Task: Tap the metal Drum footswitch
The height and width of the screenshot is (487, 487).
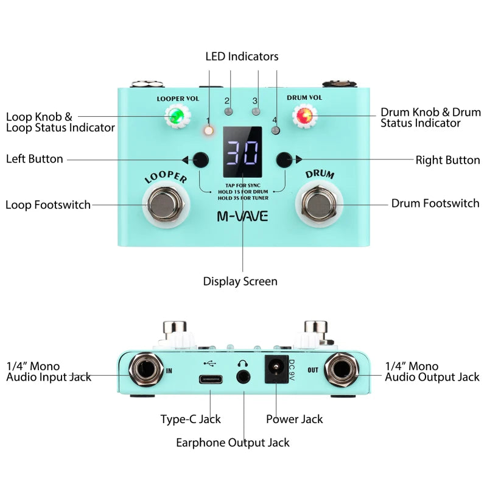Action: tap(318, 205)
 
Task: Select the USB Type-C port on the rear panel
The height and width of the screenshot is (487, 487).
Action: tap(210, 379)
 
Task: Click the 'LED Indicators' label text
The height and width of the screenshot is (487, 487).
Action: tap(242, 57)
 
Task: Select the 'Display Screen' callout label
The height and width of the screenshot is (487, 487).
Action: tap(240, 281)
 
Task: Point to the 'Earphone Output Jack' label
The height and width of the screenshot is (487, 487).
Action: tap(233, 443)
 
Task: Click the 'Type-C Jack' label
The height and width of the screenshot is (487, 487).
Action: tap(191, 419)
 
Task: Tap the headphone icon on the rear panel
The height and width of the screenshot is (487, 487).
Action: tap(243, 363)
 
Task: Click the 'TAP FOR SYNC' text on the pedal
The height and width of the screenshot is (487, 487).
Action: tap(242, 186)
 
